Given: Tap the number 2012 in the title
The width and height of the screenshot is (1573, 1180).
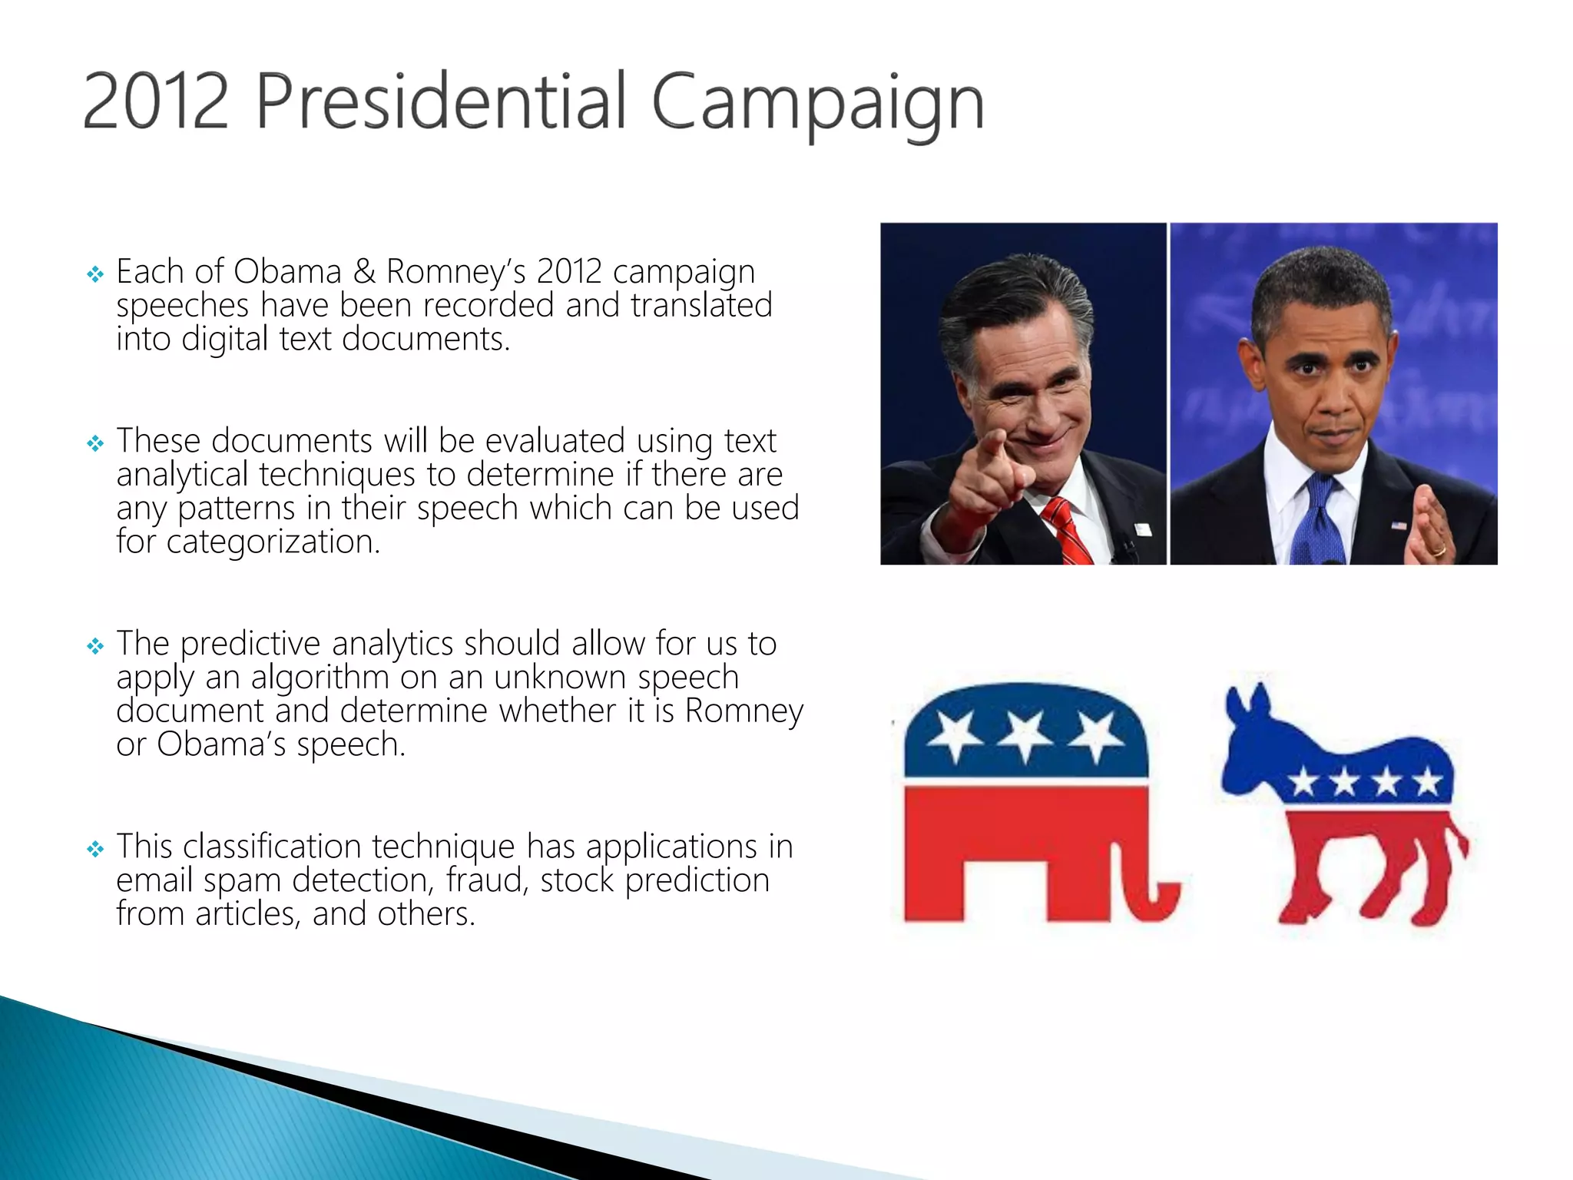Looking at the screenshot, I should pos(155,102).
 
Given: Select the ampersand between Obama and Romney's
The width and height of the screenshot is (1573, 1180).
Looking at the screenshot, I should pos(364,272).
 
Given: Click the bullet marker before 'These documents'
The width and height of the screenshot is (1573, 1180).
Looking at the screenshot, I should pos(95,443).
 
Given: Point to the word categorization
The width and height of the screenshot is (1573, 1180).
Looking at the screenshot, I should pos(273,542).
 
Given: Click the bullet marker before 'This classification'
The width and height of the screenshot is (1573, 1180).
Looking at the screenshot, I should pos(95,849).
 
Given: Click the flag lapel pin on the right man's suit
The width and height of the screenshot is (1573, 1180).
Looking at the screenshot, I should pos(1399,526).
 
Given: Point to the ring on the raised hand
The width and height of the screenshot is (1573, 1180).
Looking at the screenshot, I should pos(1439,550).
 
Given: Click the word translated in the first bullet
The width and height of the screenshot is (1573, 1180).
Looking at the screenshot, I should pos(700,306).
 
